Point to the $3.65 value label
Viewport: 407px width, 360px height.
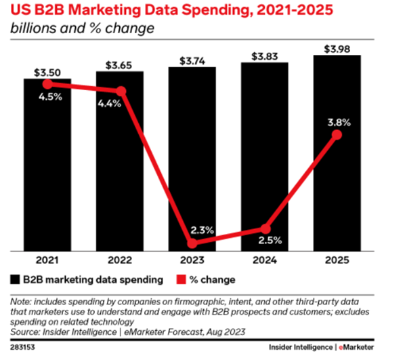point(120,65)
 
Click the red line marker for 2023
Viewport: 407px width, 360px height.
point(192,243)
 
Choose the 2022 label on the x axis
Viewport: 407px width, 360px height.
point(120,260)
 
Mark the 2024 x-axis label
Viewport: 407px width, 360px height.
point(264,260)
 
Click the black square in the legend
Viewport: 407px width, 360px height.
point(15,279)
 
